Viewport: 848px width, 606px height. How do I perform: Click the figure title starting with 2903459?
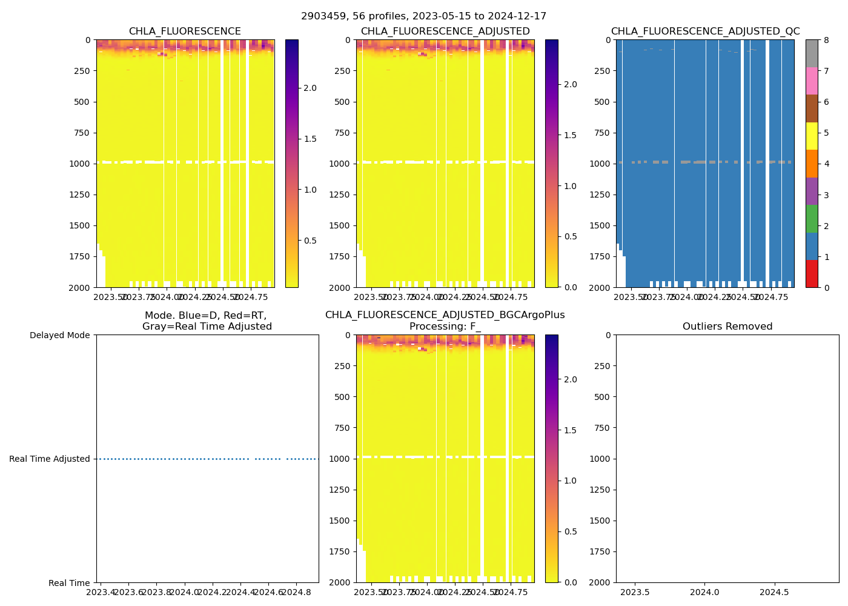point(423,16)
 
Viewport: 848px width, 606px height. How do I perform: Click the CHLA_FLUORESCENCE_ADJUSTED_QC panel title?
point(705,32)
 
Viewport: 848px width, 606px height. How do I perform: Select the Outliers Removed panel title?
point(727,327)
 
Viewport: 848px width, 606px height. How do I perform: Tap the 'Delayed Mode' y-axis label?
point(59,335)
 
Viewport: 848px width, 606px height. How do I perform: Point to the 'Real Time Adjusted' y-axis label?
point(50,459)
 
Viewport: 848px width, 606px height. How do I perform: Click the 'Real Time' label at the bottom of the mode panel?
point(69,583)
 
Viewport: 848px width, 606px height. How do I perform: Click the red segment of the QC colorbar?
point(812,273)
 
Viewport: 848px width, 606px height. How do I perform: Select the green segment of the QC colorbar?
point(812,218)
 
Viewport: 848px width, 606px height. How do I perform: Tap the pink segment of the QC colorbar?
point(812,81)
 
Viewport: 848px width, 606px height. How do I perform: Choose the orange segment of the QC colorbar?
point(812,164)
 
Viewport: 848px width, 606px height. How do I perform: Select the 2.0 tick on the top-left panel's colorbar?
point(310,88)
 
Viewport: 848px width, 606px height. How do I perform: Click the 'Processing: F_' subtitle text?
point(445,327)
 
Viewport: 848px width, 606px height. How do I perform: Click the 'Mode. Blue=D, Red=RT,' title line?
point(205,316)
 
